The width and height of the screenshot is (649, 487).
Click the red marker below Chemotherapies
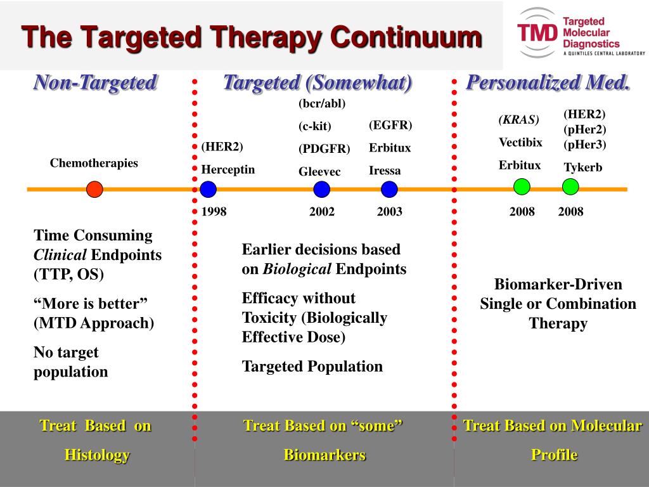[95, 189]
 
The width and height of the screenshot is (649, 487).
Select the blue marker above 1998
[208, 189]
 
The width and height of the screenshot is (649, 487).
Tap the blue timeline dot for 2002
[321, 189]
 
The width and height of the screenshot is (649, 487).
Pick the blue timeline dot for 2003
[389, 189]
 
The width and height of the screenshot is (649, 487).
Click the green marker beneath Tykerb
[570, 187]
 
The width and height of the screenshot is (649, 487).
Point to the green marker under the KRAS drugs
[522, 187]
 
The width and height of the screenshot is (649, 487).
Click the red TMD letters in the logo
[537, 33]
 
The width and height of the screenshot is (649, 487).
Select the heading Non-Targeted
[95, 82]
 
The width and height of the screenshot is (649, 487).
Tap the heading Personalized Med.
[548, 82]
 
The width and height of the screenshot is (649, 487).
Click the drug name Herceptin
[228, 170]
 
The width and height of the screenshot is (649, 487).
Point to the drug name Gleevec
[319, 171]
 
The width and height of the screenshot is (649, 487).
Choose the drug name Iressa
[385, 171]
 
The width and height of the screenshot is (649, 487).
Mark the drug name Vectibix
[520, 143]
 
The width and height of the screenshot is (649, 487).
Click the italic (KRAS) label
[519, 120]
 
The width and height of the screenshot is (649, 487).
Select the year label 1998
[214, 212]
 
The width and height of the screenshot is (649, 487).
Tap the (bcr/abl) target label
[322, 103]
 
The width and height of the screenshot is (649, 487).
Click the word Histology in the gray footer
[97, 455]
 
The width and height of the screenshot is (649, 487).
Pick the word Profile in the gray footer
[554, 455]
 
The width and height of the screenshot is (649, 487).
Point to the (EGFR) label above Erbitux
[390, 125]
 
